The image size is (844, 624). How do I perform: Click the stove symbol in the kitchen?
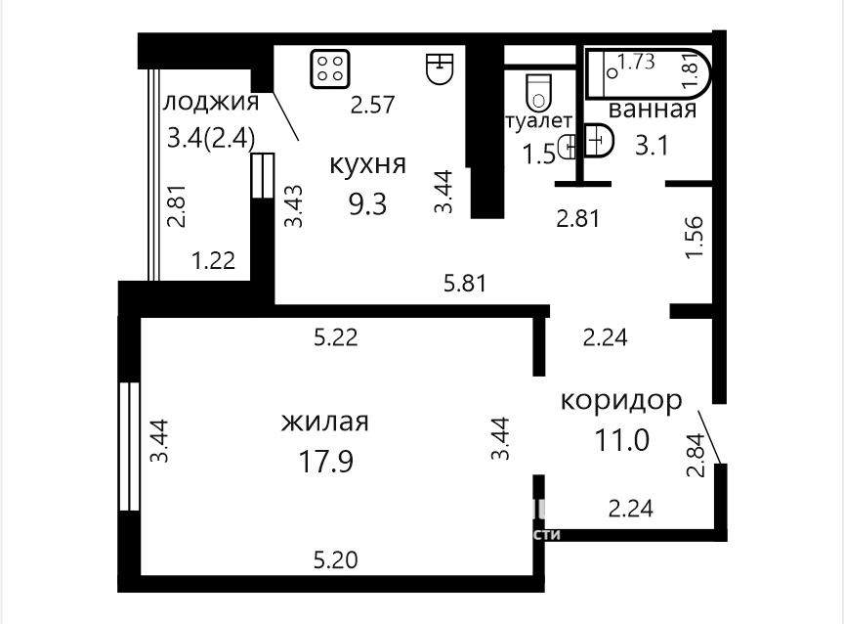click(330, 68)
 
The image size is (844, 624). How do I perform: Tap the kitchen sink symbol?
click(441, 68)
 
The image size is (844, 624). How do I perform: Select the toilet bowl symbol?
click(538, 91)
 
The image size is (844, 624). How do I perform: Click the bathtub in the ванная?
click(648, 73)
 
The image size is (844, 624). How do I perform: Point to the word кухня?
click(367, 163)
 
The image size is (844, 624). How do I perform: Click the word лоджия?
click(211, 102)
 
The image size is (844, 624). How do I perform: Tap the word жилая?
click(325, 422)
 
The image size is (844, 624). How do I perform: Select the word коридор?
click(621, 401)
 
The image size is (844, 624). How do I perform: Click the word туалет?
click(538, 121)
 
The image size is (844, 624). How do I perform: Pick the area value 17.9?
click(325, 462)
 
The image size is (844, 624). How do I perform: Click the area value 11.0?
click(622, 440)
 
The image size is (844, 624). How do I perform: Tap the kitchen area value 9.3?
click(367, 204)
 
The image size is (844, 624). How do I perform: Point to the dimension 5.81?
click(465, 284)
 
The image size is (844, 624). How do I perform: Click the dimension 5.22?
click(336, 337)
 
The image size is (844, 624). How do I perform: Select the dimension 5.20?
click(336, 560)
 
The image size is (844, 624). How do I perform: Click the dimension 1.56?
click(695, 237)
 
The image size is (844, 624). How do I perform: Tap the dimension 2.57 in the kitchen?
click(373, 105)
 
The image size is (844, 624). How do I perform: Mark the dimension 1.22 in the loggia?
click(214, 261)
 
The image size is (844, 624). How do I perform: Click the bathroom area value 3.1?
click(652, 146)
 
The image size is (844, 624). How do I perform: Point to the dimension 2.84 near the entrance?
click(695, 456)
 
